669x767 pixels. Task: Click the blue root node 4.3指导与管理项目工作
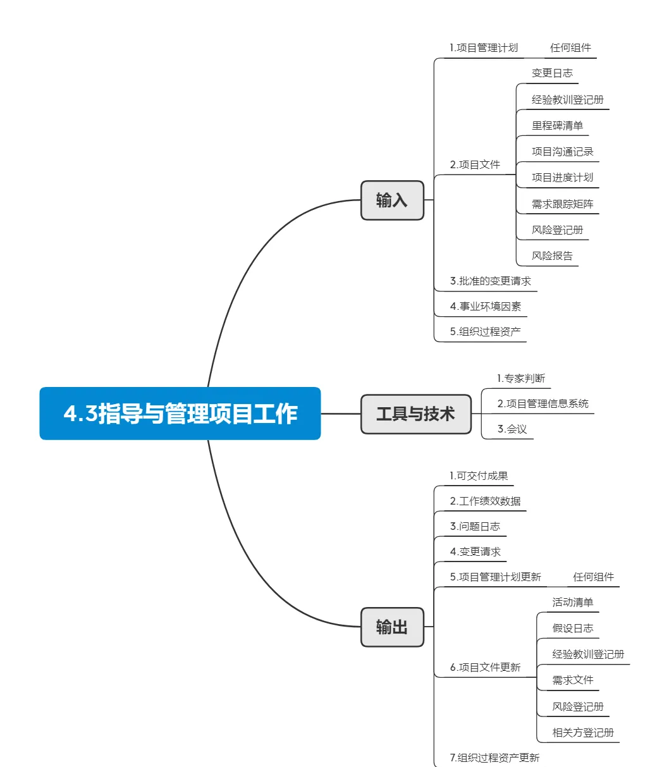tap(180, 413)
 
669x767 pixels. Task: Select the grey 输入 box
tap(392, 200)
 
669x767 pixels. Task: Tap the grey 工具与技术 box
tap(415, 414)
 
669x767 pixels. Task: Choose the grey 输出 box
tap(392, 627)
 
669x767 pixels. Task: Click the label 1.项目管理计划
tap(484, 47)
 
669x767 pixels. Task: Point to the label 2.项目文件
tap(475, 164)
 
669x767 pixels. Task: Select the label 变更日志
tap(552, 73)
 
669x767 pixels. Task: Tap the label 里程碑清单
tap(557, 125)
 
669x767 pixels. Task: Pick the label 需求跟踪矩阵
tap(562, 204)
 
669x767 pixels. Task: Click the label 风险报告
tap(552, 255)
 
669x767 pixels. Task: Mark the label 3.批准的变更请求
tap(490, 281)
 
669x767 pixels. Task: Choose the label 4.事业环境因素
tap(486, 306)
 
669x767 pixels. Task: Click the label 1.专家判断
tap(521, 378)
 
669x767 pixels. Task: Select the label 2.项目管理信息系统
tap(543, 403)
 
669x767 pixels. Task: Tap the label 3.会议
tap(512, 429)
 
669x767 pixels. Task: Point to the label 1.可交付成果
tap(479, 476)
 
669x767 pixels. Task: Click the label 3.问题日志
tap(475, 526)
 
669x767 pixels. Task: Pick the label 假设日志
tap(573, 629)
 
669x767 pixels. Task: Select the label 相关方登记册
tap(583, 732)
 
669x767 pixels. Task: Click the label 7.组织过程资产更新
tap(494, 758)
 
